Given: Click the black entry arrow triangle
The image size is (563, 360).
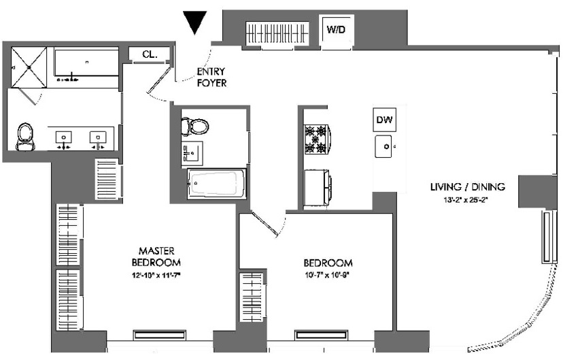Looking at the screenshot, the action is (x=196, y=22).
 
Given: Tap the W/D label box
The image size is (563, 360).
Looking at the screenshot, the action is (x=337, y=30).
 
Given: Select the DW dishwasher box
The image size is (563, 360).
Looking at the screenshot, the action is (x=384, y=120).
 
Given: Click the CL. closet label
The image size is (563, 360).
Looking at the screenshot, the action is (x=150, y=54).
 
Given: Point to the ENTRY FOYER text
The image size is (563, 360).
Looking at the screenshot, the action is (x=211, y=76).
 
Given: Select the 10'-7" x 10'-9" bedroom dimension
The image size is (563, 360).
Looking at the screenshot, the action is (x=328, y=276).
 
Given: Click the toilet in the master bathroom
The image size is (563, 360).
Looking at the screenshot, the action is (x=26, y=136).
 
